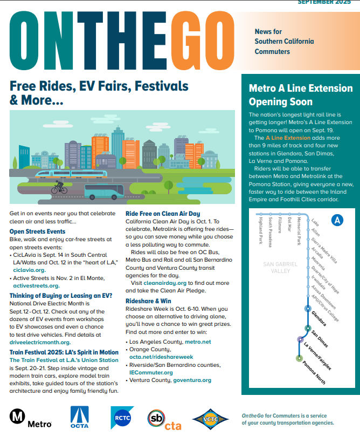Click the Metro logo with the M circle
point(30,416)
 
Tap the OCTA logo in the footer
point(79,417)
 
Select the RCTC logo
point(122,417)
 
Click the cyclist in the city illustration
point(59,188)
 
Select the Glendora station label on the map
point(319,318)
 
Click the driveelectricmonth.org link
point(41,342)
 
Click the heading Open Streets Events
point(37,231)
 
